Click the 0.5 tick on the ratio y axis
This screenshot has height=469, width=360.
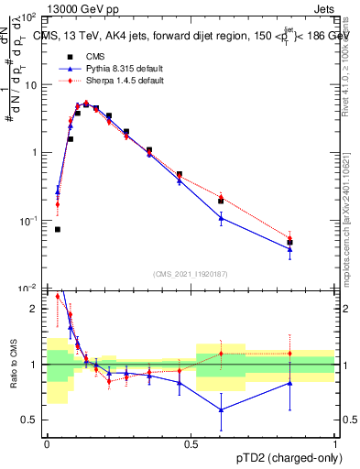point(33,420)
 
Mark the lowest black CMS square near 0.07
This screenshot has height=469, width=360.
point(57,229)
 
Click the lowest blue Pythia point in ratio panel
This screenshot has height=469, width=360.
point(221,409)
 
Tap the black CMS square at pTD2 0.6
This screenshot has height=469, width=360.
point(221,201)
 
